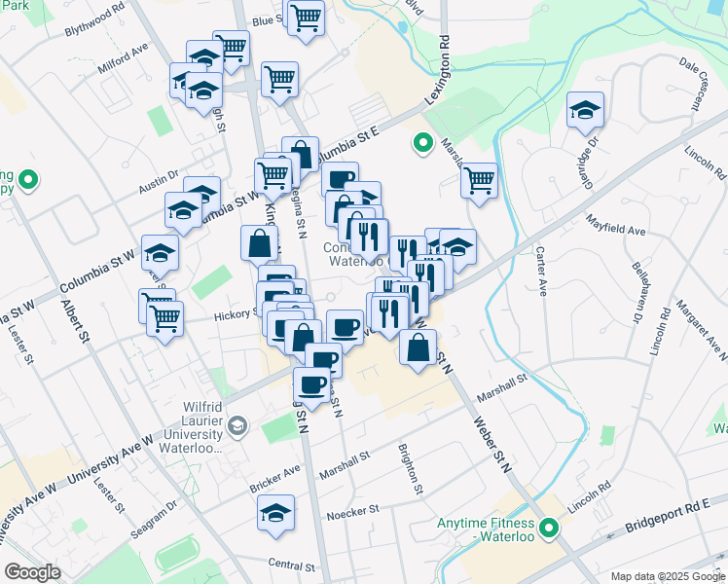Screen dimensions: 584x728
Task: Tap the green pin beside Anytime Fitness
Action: [549, 529]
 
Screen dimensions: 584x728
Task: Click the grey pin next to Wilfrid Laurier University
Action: [238, 426]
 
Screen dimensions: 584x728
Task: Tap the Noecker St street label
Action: [350, 515]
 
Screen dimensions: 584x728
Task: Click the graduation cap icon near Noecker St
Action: [275, 512]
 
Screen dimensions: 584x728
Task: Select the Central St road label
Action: [292, 566]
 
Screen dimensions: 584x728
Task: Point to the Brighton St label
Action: [409, 469]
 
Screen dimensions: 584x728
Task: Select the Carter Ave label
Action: [540, 271]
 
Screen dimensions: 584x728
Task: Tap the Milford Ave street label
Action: [123, 59]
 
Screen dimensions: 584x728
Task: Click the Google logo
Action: [32, 572]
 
